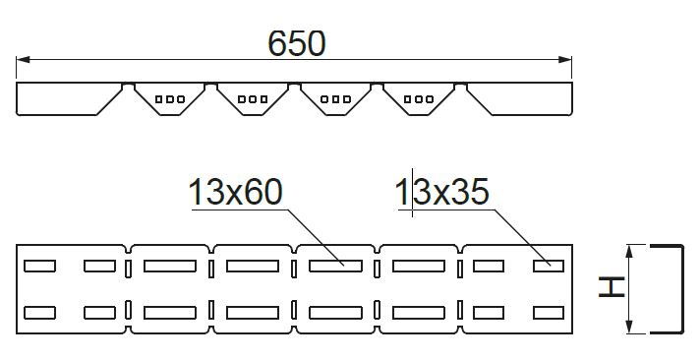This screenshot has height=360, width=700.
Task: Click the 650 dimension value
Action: tap(297, 43)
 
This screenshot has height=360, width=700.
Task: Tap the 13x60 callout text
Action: tap(236, 192)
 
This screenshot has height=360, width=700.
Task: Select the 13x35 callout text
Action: tap(442, 192)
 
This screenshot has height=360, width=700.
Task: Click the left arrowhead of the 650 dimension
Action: tap(23, 59)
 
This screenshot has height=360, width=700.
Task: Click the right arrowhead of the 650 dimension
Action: tap(565, 59)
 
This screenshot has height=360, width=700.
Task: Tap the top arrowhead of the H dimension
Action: tap(629, 252)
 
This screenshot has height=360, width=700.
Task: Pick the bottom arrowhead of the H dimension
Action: tap(629, 327)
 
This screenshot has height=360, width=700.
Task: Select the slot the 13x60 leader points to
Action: tap(335, 267)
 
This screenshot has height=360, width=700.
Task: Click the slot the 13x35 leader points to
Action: tap(549, 267)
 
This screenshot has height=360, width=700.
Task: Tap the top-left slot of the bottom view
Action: tap(39, 267)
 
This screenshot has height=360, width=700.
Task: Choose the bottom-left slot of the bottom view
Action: tap(39, 313)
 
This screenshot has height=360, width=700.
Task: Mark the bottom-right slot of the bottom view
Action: tap(549, 313)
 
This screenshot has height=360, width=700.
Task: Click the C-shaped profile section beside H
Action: tap(681, 289)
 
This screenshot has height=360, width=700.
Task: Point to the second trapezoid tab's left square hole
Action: tap(242, 99)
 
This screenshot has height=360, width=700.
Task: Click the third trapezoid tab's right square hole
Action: tap(347, 99)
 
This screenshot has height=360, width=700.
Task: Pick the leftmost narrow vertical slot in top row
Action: tap(128, 269)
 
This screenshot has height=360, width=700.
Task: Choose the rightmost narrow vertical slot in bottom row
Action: tap(460, 310)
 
